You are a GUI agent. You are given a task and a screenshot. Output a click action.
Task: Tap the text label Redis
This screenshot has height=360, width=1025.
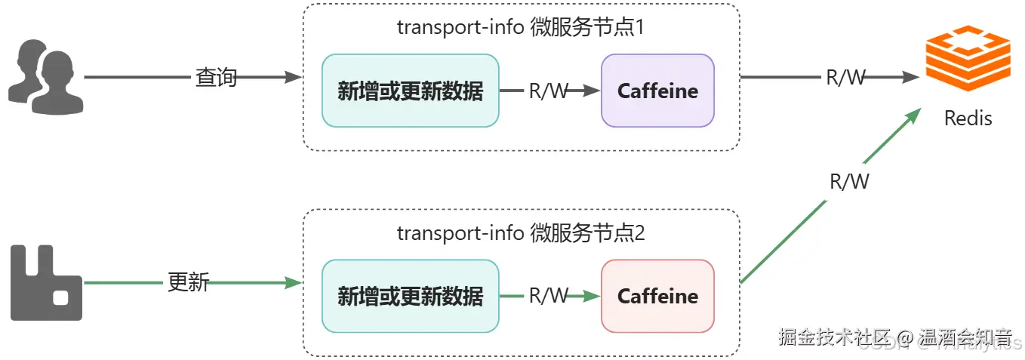pyautogui.click(x=968, y=118)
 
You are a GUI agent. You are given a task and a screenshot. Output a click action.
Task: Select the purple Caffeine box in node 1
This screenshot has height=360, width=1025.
pyautogui.click(x=657, y=91)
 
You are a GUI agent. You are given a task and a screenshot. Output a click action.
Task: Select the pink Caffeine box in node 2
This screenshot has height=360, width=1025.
pyautogui.click(x=657, y=296)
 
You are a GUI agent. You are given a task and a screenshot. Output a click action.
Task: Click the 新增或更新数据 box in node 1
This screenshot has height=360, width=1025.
pyautogui.click(x=410, y=91)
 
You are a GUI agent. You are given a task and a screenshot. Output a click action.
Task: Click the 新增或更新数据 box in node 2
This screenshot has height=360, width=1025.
pyautogui.click(x=410, y=296)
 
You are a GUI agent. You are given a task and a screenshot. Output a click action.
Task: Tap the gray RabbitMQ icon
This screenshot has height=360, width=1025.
pyautogui.click(x=46, y=282)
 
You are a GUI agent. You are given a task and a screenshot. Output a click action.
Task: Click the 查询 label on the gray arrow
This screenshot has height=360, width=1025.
pyautogui.click(x=216, y=77)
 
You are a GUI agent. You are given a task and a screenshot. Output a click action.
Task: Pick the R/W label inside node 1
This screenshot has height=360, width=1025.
pyautogui.click(x=549, y=91)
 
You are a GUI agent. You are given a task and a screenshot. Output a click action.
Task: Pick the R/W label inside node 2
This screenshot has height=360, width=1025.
pyautogui.click(x=549, y=296)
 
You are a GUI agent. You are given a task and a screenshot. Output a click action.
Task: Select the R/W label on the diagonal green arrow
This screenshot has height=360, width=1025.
pyautogui.click(x=849, y=181)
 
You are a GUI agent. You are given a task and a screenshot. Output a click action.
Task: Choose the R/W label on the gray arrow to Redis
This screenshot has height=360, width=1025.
pyautogui.click(x=846, y=77)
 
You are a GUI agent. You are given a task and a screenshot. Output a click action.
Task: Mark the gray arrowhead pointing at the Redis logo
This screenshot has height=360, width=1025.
pyautogui.click(x=910, y=77)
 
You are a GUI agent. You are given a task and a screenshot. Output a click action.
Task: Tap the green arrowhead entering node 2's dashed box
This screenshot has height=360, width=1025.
pyautogui.click(x=294, y=283)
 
